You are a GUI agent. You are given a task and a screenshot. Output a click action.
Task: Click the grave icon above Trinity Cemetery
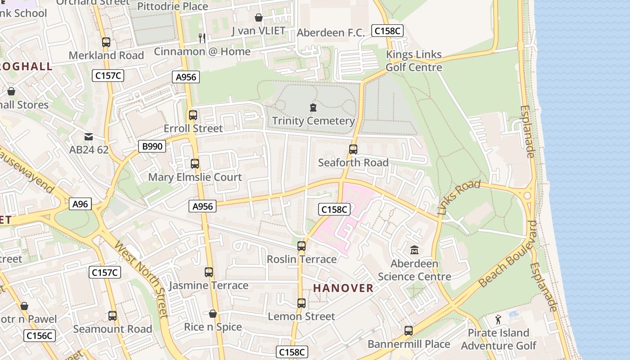point(313,108)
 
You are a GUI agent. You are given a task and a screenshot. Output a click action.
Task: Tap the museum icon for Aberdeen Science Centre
point(414,250)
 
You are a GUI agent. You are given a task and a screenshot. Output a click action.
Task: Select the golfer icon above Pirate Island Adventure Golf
point(498,319)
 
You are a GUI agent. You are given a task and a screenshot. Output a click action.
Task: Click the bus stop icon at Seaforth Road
point(353,149)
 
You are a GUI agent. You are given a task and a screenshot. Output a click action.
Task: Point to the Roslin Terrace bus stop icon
point(301,246)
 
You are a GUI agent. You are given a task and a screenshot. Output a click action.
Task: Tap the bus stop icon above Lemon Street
point(301,303)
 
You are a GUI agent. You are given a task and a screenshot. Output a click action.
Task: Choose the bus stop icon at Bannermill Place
point(409,331)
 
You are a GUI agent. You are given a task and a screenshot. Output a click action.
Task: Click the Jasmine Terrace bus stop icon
point(209,272)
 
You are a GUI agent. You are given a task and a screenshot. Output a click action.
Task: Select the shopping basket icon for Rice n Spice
point(213,314)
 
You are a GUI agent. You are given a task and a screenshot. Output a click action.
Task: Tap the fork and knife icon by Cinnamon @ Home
point(202,38)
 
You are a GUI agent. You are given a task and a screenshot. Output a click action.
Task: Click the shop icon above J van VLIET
point(259,18)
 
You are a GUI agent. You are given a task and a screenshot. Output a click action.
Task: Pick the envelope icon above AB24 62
point(89,136)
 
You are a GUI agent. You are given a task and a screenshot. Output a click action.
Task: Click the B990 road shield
point(152,146)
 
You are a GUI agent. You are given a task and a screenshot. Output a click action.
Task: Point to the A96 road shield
point(81,204)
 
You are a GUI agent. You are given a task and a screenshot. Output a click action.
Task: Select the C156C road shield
point(40,336)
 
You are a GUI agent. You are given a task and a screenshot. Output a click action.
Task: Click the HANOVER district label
point(343,288)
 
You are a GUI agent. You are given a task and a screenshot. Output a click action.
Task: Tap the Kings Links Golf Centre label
point(414,61)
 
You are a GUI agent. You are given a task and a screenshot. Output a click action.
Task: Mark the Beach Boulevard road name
point(508,254)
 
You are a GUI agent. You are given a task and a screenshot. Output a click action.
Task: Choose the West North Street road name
point(141,279)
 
